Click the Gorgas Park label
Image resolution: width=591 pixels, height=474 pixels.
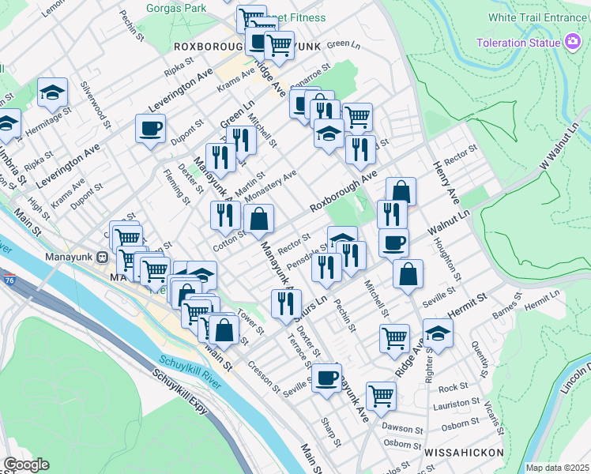click(176, 8)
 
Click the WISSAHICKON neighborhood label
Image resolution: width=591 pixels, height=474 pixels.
click(464, 453)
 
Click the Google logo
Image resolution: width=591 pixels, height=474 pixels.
click(26, 465)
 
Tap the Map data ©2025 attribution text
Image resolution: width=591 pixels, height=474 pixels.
click(556, 468)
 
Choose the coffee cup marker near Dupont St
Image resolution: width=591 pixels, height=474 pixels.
click(150, 128)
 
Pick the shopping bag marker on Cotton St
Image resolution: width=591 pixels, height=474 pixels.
click(258, 220)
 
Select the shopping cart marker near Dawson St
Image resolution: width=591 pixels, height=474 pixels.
click(381, 394)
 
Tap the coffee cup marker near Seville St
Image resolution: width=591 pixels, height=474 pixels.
click(326, 378)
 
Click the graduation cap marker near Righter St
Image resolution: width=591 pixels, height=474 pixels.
click(438, 333)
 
